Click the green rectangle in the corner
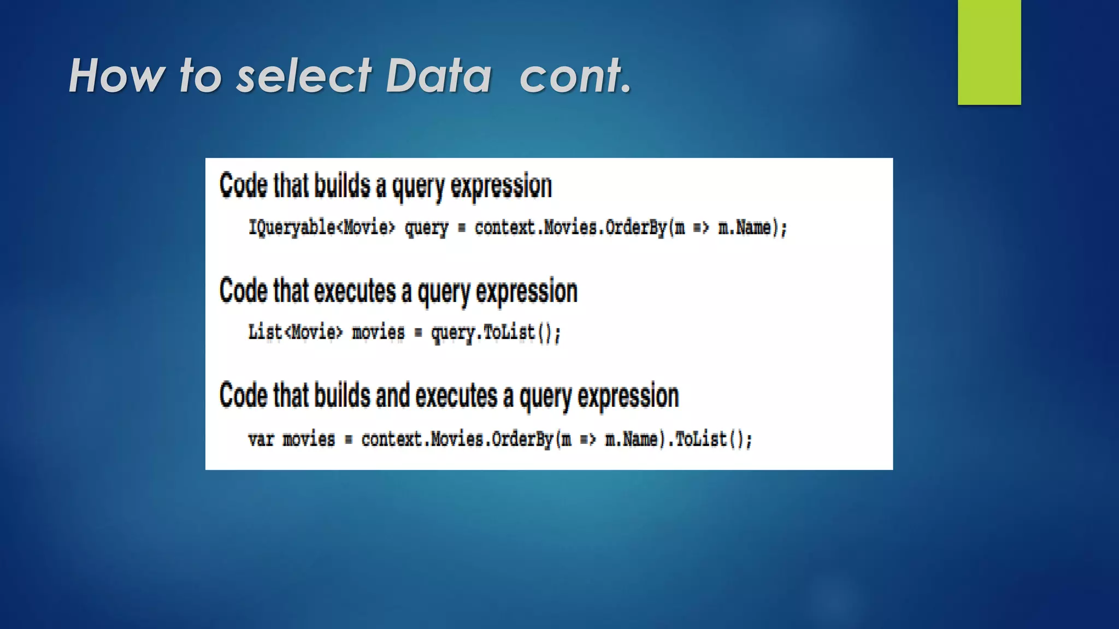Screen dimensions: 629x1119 click(989, 52)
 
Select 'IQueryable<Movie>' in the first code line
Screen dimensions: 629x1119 click(321, 227)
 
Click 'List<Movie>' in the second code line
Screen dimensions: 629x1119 click(295, 332)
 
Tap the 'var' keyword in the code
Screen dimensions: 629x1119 click(261, 439)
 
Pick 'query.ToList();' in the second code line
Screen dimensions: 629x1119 click(496, 332)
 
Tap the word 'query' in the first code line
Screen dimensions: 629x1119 click(426, 227)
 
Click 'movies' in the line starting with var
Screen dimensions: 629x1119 click(308, 439)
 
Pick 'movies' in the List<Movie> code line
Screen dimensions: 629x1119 click(378, 332)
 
